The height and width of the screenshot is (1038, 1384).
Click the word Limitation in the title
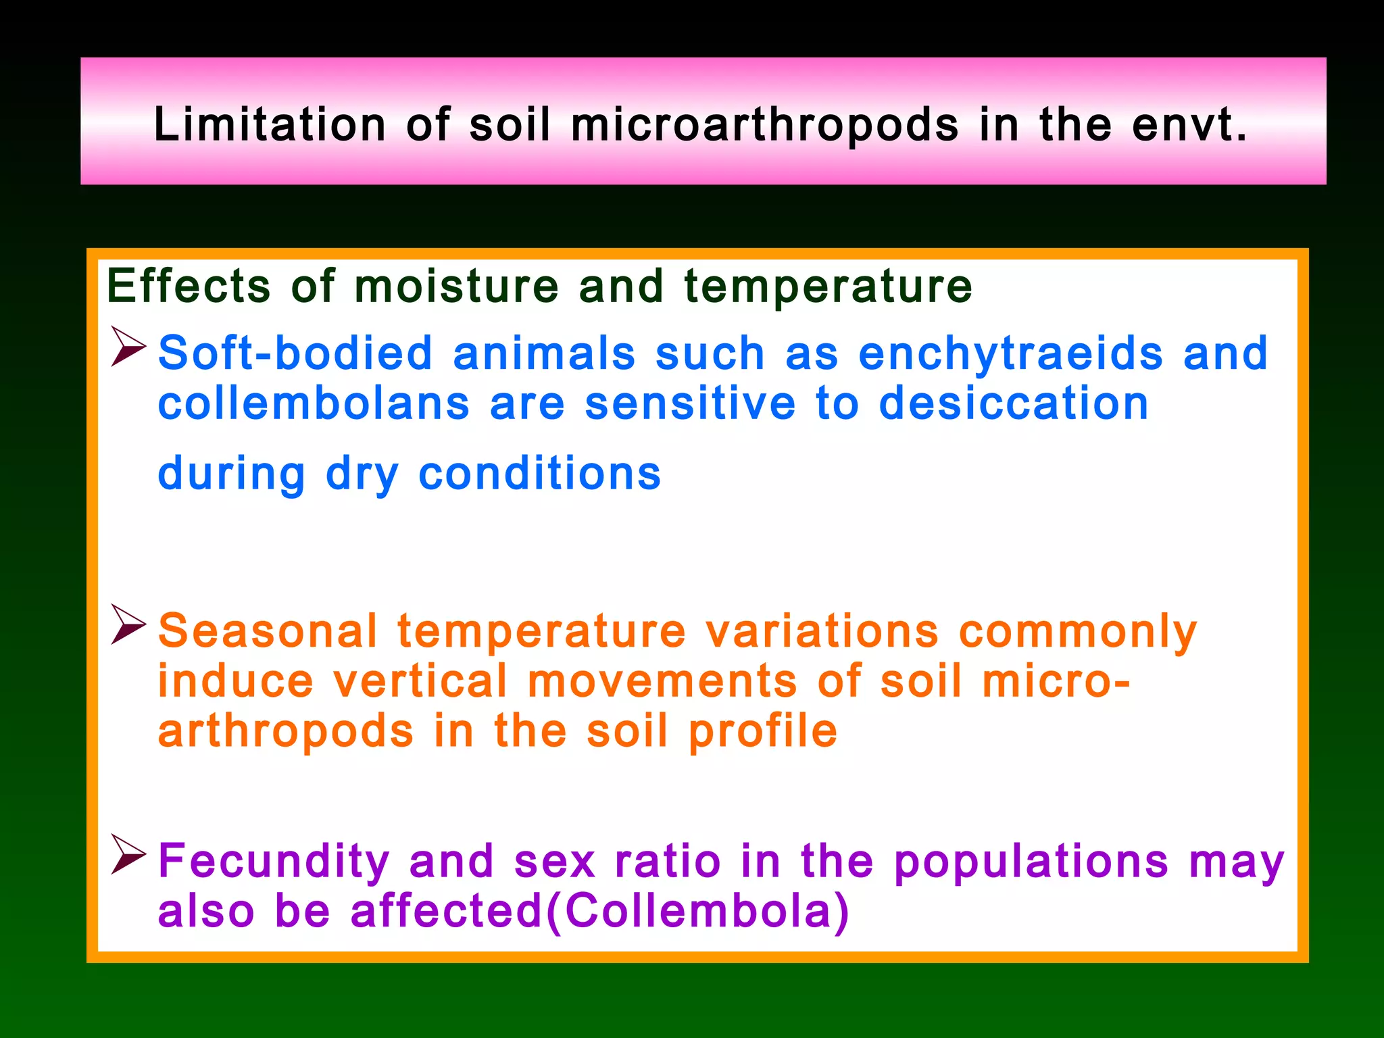click(270, 124)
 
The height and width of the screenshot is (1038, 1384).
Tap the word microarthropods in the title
click(764, 126)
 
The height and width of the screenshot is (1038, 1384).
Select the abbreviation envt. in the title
click(1189, 124)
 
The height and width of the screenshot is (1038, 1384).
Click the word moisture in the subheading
click(457, 286)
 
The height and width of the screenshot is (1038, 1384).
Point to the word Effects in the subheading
click(189, 286)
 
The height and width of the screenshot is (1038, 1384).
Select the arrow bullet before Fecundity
click(128, 854)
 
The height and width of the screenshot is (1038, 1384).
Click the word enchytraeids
click(1010, 354)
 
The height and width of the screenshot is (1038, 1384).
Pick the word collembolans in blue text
click(314, 403)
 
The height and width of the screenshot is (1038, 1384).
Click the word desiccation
click(1014, 403)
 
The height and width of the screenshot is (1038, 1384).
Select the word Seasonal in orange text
click(268, 631)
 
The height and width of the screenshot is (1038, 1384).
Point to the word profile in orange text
click(763, 732)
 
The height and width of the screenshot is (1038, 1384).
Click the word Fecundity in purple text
click(274, 862)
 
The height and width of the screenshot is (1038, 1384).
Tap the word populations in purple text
click(1031, 862)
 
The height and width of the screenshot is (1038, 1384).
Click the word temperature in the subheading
click(828, 286)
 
